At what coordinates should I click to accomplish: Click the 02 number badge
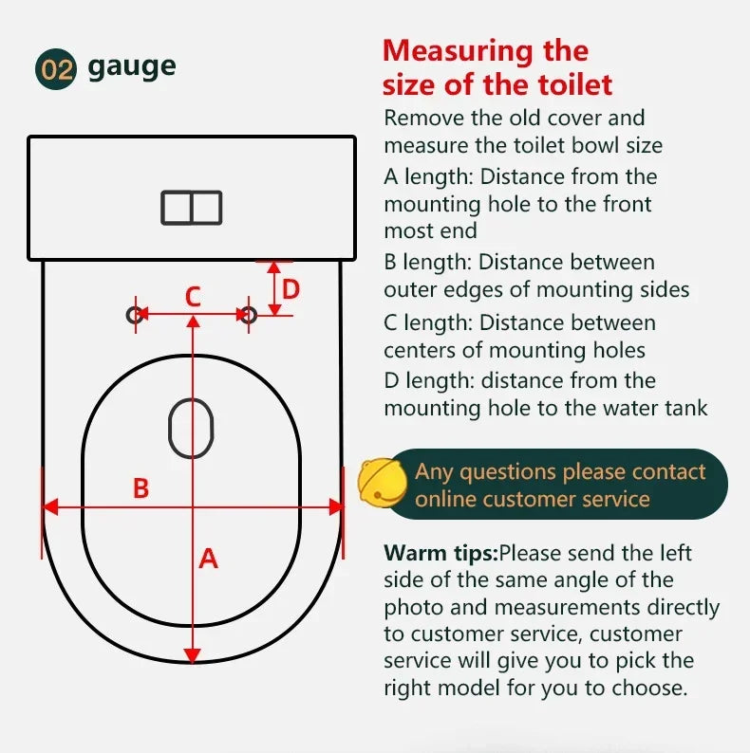tap(56, 69)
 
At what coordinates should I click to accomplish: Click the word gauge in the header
tap(132, 67)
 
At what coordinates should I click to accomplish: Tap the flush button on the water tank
tap(192, 208)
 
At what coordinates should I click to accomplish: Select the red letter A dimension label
tap(208, 559)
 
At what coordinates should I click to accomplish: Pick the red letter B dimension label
tap(141, 487)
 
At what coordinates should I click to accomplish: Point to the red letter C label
tap(193, 296)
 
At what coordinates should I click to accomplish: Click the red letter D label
tap(291, 289)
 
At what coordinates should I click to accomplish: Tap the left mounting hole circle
tap(135, 315)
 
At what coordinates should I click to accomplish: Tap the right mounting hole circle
tap(248, 315)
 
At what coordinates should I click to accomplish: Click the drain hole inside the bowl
tap(191, 428)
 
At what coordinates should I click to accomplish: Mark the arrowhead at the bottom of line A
tap(193, 655)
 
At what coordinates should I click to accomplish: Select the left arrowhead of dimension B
tap(50, 506)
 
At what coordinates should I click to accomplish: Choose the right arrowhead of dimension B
tap(336, 506)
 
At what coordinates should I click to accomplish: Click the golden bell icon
tap(382, 482)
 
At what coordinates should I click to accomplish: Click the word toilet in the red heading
tap(575, 84)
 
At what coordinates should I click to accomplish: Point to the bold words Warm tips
tap(441, 554)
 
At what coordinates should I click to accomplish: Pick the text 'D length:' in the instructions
tap(429, 381)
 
